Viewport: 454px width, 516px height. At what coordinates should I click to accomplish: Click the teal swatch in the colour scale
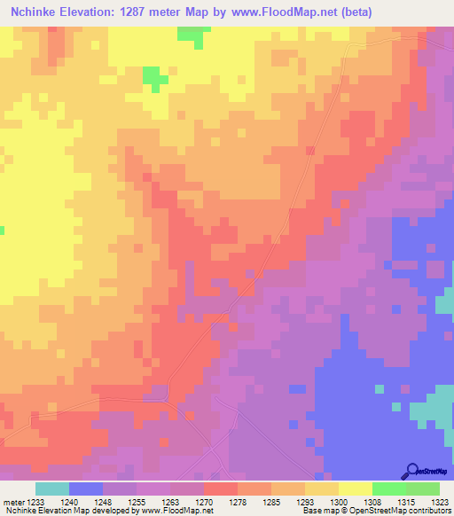(52, 489)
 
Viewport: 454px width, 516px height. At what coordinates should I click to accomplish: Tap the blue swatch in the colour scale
(86, 489)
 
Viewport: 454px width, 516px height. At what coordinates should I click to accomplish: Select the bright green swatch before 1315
(389, 489)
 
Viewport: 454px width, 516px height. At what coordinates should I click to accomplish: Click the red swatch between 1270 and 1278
(221, 489)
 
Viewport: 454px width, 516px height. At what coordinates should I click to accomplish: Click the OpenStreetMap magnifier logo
(411, 471)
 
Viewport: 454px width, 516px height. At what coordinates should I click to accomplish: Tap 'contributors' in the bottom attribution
(432, 511)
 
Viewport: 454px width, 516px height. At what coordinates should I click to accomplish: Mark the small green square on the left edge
(2, 231)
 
